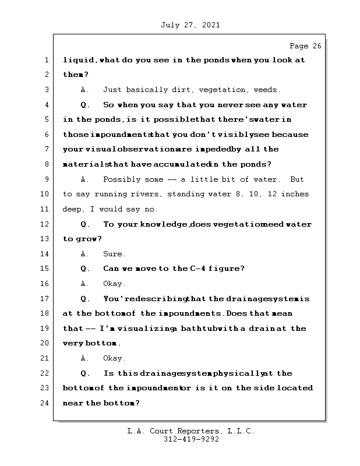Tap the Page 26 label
(305, 45)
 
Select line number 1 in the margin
(45, 60)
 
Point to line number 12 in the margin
(45, 224)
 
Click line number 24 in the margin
(45, 403)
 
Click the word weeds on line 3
(266, 90)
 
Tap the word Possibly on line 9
(122, 179)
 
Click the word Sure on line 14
(114, 254)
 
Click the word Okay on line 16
(114, 284)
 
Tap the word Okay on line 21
(114, 358)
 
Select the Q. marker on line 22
(85, 373)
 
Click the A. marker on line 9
(85, 179)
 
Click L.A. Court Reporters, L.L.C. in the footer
(190, 432)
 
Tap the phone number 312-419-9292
(191, 440)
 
